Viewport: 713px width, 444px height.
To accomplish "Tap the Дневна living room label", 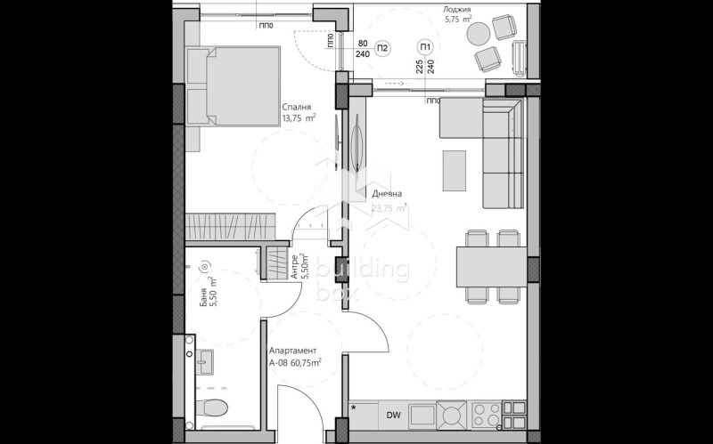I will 387,194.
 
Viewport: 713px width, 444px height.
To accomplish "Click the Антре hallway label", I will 294,266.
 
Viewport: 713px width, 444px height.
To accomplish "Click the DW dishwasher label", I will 394,414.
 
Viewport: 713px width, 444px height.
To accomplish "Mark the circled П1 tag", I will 425,48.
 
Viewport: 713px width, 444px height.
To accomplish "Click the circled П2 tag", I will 382,48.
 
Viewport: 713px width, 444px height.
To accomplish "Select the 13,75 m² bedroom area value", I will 299,117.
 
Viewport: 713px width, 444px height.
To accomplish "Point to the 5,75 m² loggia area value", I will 457,19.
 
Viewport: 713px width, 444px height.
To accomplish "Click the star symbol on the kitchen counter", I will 355,408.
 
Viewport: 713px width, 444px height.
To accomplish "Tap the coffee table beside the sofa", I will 455,171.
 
